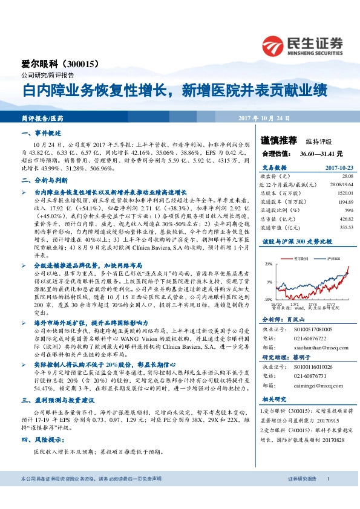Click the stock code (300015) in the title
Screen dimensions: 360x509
click(83, 63)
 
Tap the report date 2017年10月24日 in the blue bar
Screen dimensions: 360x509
click(264, 118)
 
